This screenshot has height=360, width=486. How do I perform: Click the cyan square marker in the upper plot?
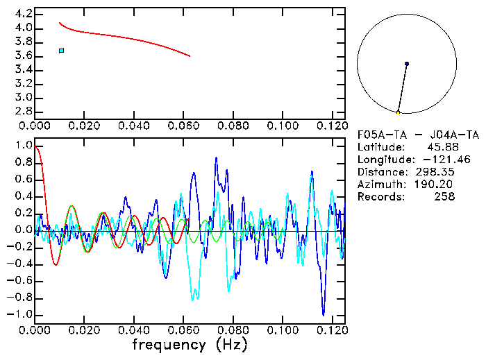click(x=62, y=51)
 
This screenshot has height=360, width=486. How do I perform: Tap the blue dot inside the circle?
click(x=407, y=64)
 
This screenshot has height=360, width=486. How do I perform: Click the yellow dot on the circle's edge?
click(x=399, y=112)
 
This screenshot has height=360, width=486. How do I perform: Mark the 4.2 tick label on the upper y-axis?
click(x=24, y=14)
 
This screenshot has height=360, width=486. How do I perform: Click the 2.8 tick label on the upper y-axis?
click(x=24, y=111)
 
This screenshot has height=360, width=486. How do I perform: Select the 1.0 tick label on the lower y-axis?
click(x=24, y=146)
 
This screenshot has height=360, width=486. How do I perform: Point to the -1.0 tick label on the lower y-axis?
click(x=21, y=314)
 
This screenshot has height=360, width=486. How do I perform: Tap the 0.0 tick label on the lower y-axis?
click(x=24, y=230)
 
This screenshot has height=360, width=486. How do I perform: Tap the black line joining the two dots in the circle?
click(x=403, y=88)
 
